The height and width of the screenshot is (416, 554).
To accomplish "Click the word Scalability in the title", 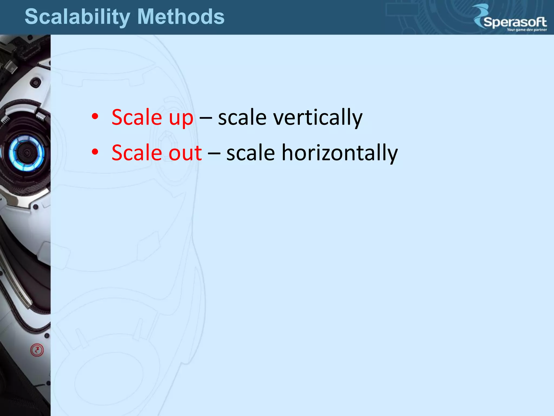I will point(77,17).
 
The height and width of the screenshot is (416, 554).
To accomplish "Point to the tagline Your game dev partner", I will point(527,30).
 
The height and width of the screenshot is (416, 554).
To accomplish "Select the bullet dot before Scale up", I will point(95,117).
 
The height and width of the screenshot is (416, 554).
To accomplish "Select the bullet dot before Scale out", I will point(95,152).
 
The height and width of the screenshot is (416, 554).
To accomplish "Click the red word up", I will point(181,118).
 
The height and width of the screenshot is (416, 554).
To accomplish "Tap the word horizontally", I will point(339,153).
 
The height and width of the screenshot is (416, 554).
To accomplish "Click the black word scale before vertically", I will point(242,118).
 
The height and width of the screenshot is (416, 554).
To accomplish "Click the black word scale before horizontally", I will point(250,153).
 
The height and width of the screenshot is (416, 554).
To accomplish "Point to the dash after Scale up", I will point(206,118).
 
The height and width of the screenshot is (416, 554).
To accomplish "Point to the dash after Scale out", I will point(214,153).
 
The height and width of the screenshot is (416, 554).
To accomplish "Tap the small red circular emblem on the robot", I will point(37,350).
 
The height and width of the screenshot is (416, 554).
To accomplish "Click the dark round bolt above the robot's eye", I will point(35,82).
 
